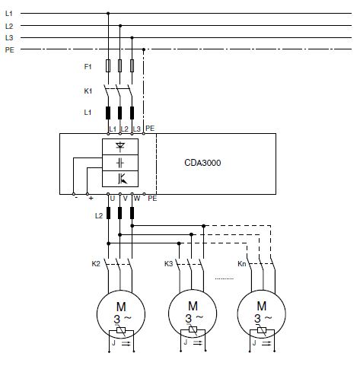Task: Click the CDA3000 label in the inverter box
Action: (x=202, y=163)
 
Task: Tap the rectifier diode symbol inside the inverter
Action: (x=120, y=147)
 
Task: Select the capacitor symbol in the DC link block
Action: (x=120, y=163)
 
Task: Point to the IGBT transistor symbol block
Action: (x=120, y=179)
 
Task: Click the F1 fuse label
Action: (x=88, y=67)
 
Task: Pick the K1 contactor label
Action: (x=88, y=91)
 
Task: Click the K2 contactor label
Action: (x=96, y=264)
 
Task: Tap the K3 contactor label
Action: (x=168, y=264)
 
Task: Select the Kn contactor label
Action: (x=242, y=264)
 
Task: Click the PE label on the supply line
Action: (x=10, y=50)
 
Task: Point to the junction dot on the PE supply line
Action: (x=144, y=49)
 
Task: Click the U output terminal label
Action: (x=113, y=199)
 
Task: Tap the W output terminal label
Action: (x=137, y=199)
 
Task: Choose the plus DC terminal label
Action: (x=91, y=199)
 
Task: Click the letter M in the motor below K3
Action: (x=193, y=306)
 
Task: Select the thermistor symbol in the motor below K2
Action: (x=121, y=330)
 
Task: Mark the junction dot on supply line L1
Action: (x=108, y=13)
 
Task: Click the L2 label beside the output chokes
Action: (x=99, y=216)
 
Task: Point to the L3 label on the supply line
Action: (x=9, y=38)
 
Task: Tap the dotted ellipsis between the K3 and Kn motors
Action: (x=225, y=278)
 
